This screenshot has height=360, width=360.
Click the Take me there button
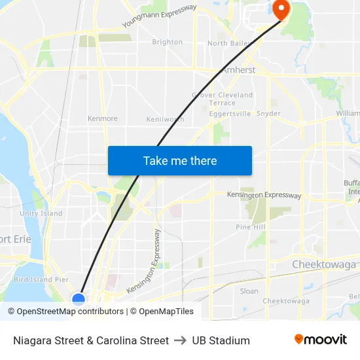point(180,160)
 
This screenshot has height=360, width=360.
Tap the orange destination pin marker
point(281,9)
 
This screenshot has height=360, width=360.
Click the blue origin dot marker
point(79,299)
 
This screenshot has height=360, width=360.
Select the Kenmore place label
point(103,118)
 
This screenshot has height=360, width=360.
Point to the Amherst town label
point(238,70)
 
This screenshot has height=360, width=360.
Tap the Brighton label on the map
point(168,42)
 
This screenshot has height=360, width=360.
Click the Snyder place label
point(268,113)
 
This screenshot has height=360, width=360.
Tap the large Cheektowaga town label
point(324,264)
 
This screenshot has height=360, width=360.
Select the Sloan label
point(249,291)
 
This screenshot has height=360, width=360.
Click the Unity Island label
point(41,213)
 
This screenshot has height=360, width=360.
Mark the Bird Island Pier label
point(41,279)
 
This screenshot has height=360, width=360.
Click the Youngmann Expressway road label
point(159,16)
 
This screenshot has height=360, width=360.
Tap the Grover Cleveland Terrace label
point(223,99)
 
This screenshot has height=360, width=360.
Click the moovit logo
point(321,340)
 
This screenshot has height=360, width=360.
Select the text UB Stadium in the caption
point(221,340)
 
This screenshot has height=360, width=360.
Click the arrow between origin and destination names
point(181,340)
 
